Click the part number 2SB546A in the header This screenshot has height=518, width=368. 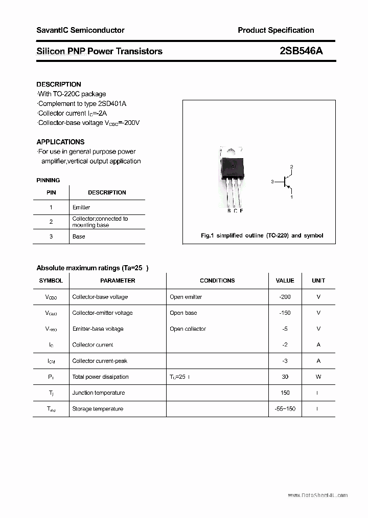301,51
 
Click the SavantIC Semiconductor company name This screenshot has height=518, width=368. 80,30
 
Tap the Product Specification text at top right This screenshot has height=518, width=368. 276,30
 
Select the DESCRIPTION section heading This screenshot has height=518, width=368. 59,84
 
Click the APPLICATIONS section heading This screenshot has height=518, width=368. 60,142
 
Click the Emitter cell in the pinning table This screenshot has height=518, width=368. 81,207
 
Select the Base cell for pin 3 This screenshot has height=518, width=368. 79,236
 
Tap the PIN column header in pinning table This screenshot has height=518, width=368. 51,192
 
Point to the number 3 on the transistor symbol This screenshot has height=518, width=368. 273,181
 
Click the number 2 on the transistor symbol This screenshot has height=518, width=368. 291,167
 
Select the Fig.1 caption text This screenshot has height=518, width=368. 262,235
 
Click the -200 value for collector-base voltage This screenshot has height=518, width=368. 285,297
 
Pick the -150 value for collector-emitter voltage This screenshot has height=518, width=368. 285,313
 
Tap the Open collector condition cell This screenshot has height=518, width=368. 188,329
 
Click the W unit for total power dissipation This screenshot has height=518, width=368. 318,377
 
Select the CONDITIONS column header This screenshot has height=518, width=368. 217,280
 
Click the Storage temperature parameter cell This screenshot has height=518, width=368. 98,408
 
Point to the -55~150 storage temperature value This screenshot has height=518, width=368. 285,408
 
